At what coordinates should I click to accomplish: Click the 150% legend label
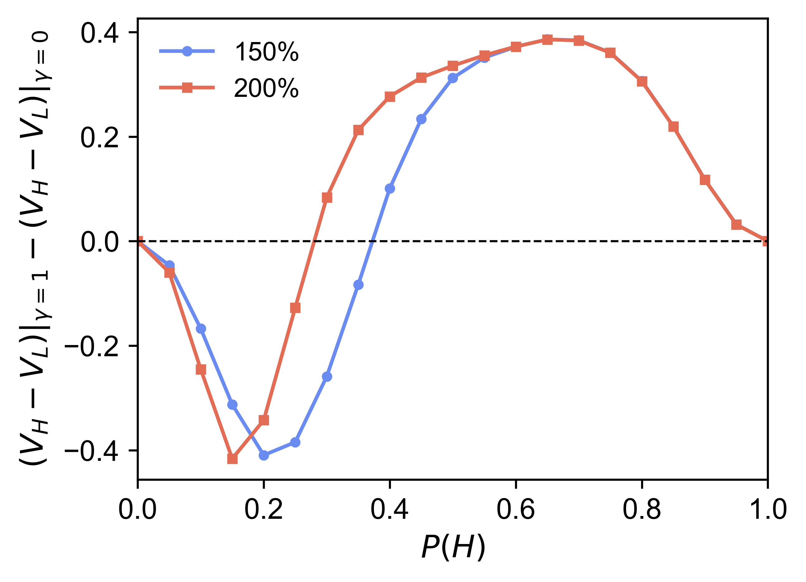point(266,52)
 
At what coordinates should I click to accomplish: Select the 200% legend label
point(266,88)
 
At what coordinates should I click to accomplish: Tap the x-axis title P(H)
point(453,548)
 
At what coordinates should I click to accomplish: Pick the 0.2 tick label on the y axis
point(100,137)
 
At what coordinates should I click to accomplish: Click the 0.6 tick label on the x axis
point(516,509)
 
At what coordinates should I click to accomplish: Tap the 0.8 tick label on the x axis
point(642,509)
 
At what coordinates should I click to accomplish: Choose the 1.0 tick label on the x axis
point(768,509)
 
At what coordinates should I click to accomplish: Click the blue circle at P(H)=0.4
point(390,188)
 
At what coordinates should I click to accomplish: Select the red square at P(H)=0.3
point(327,198)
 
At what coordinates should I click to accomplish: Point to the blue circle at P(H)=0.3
point(327,376)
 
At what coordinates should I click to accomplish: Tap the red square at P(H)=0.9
point(705,180)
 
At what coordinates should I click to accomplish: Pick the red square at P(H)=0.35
point(359,130)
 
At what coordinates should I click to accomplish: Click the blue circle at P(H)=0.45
point(421,119)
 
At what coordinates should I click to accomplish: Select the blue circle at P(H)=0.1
point(201,329)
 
